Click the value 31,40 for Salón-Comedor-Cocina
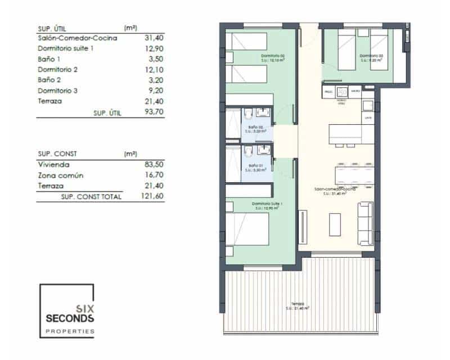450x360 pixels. pos(147,38)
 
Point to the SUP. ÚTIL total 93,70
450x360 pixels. pos(147,112)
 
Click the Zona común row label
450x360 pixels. pos(60,175)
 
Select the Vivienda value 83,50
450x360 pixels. pos(147,165)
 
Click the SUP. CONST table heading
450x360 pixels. pos(57,154)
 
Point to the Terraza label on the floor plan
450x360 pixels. pos(298,304)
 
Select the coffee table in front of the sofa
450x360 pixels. pos(336,224)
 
